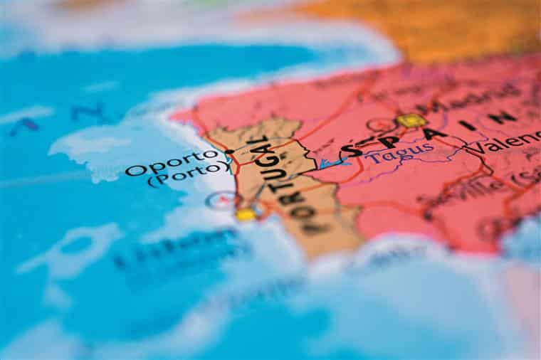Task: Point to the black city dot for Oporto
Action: coord(229,152)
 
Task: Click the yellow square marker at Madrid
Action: coord(411,121)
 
